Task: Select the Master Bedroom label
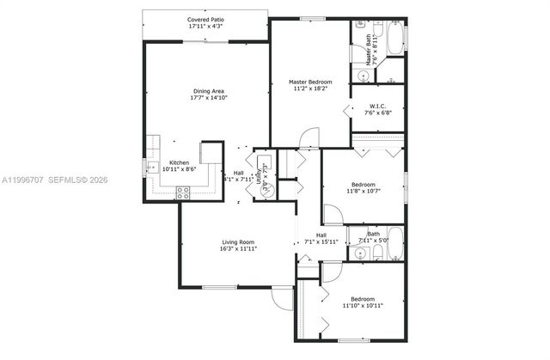click(310, 82)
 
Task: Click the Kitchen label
click(179, 162)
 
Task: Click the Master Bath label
click(370, 49)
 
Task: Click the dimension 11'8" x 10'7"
click(362, 191)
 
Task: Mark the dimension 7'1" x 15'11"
click(321, 242)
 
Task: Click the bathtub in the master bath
click(394, 39)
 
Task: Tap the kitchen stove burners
click(183, 193)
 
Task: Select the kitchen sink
click(151, 168)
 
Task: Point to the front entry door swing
click(282, 296)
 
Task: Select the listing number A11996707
click(24, 180)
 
